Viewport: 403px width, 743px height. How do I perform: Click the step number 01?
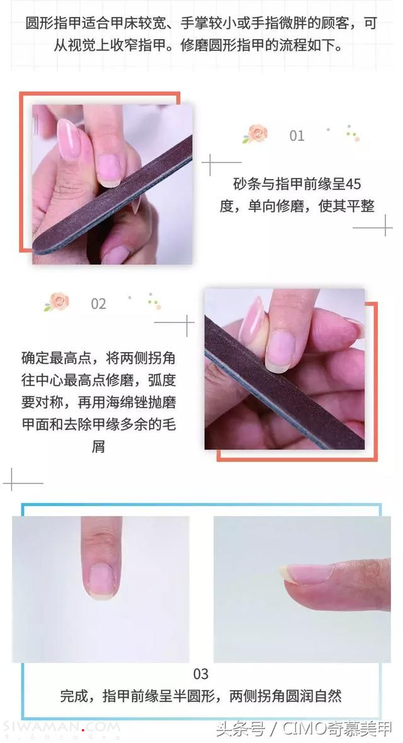(x=297, y=136)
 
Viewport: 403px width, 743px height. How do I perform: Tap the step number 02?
(x=98, y=304)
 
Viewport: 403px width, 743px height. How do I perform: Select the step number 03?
(x=201, y=673)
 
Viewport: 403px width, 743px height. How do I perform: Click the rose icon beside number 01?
(x=256, y=134)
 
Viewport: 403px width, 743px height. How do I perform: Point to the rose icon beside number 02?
(x=57, y=301)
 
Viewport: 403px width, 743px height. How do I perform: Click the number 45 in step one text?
(x=353, y=184)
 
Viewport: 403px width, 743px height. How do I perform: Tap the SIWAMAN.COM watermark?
(x=60, y=727)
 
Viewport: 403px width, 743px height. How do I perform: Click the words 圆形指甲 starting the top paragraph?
(x=53, y=24)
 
